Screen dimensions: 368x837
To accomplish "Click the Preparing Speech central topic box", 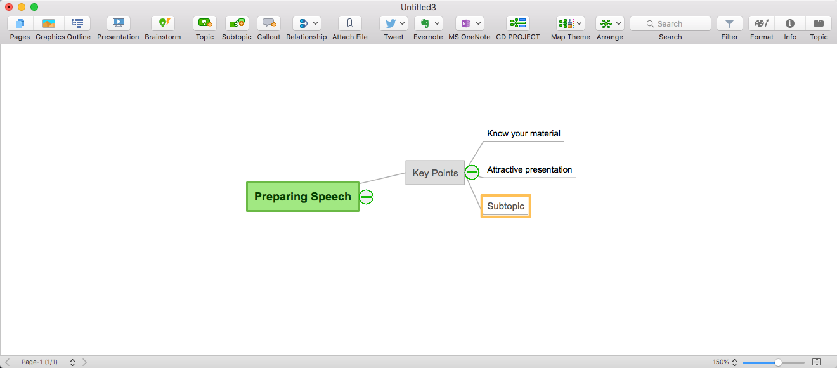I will click(x=302, y=197).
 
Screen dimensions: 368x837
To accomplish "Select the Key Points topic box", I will click(x=435, y=173).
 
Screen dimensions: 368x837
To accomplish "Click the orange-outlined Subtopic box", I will click(x=505, y=206).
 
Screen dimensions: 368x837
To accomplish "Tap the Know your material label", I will click(x=523, y=134).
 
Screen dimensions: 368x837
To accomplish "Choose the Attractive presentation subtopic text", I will click(x=529, y=170).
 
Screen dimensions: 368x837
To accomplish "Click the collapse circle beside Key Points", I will click(x=472, y=172).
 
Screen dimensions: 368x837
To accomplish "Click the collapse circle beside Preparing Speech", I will click(x=367, y=197).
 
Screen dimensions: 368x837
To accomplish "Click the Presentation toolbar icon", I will click(x=118, y=23).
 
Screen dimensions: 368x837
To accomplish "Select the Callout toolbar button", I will click(x=269, y=23).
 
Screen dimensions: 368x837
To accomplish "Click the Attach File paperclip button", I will click(x=350, y=23).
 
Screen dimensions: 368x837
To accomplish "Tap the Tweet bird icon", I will click(x=391, y=23).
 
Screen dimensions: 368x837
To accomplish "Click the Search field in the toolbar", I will click(x=670, y=23).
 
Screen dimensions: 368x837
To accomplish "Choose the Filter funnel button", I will click(x=730, y=23).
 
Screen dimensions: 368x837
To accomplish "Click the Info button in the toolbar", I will click(x=790, y=23).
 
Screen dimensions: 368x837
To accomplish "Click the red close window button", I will click(x=9, y=7).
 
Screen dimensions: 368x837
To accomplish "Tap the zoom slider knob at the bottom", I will click(x=778, y=362).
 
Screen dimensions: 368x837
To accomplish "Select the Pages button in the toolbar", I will click(x=20, y=23).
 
